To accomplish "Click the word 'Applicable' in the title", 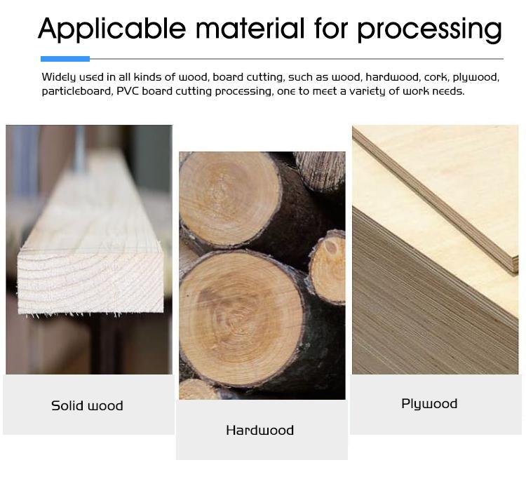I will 112,29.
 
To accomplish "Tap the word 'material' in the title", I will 250,29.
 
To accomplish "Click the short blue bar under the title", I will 65,59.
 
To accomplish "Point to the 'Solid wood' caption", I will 87,405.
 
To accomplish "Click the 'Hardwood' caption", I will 259,430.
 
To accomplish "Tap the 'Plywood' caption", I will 429,403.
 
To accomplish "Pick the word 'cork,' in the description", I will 440,76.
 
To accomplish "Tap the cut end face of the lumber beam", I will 91,281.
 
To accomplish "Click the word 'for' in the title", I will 331,29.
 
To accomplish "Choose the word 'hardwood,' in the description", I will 393,76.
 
